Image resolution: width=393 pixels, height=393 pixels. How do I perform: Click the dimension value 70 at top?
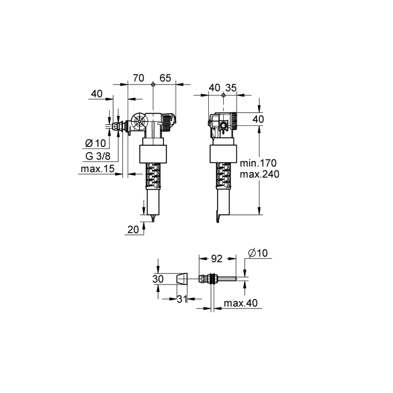coord(139,78)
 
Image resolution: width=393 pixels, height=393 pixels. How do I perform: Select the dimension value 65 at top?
coord(165,78)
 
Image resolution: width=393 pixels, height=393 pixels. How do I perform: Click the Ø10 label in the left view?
coord(95,144)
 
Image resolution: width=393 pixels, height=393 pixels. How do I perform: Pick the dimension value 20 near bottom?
coord(133,230)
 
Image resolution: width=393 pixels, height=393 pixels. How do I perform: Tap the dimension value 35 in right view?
coord(231,88)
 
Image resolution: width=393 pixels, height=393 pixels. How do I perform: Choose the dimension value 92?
coord(218,259)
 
